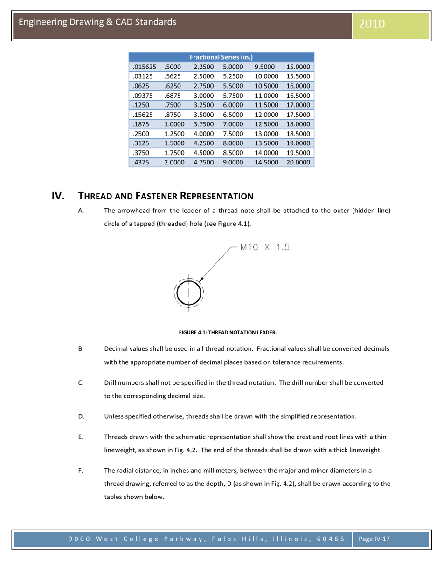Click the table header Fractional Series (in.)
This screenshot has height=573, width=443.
point(221,57)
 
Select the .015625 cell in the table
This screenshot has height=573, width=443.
point(144,67)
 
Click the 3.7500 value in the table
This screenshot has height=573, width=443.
point(203,124)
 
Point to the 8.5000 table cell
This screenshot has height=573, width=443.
point(232,153)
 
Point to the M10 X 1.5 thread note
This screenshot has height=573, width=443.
point(265,247)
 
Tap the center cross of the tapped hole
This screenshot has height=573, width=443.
point(188,293)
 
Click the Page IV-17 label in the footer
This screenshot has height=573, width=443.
point(374,539)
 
